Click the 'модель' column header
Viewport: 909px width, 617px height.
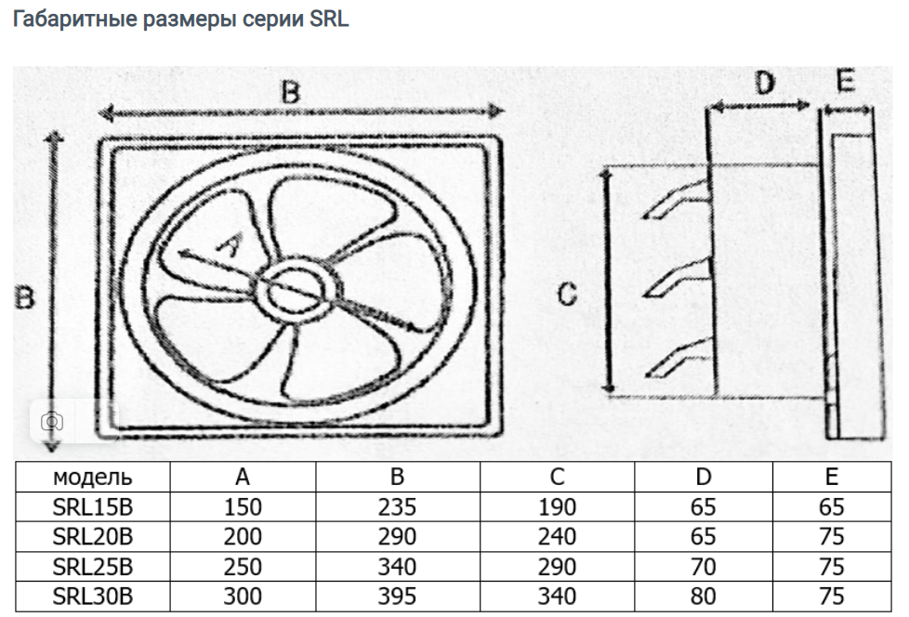coord(92,478)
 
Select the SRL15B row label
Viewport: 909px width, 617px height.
coord(92,507)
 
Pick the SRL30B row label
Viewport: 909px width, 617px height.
coord(92,596)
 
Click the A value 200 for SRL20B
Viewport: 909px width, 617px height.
coord(243,537)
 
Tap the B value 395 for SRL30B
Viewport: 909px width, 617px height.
coord(397,596)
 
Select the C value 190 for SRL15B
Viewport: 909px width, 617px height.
coord(557,507)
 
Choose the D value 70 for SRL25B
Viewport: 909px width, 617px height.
coord(704,566)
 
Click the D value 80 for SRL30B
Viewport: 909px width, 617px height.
coord(704,596)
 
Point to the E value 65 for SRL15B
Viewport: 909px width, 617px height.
coord(832,507)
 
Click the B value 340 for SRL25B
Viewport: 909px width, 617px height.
coord(397,566)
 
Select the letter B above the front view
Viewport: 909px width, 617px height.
coord(292,92)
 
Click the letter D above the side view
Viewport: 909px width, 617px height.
coord(763,85)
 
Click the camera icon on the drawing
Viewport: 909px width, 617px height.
coord(53,421)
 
